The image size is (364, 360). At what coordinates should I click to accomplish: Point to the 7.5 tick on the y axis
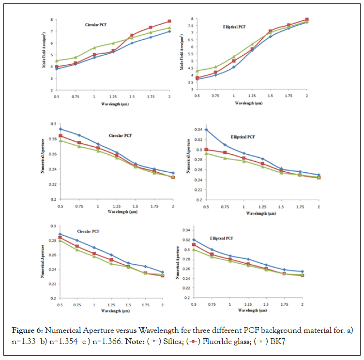192,26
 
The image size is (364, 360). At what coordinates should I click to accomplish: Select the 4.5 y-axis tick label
192,68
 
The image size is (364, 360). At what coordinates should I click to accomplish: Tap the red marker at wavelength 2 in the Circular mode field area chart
169,21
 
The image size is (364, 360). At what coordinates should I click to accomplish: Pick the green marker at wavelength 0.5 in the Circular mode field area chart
57,61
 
